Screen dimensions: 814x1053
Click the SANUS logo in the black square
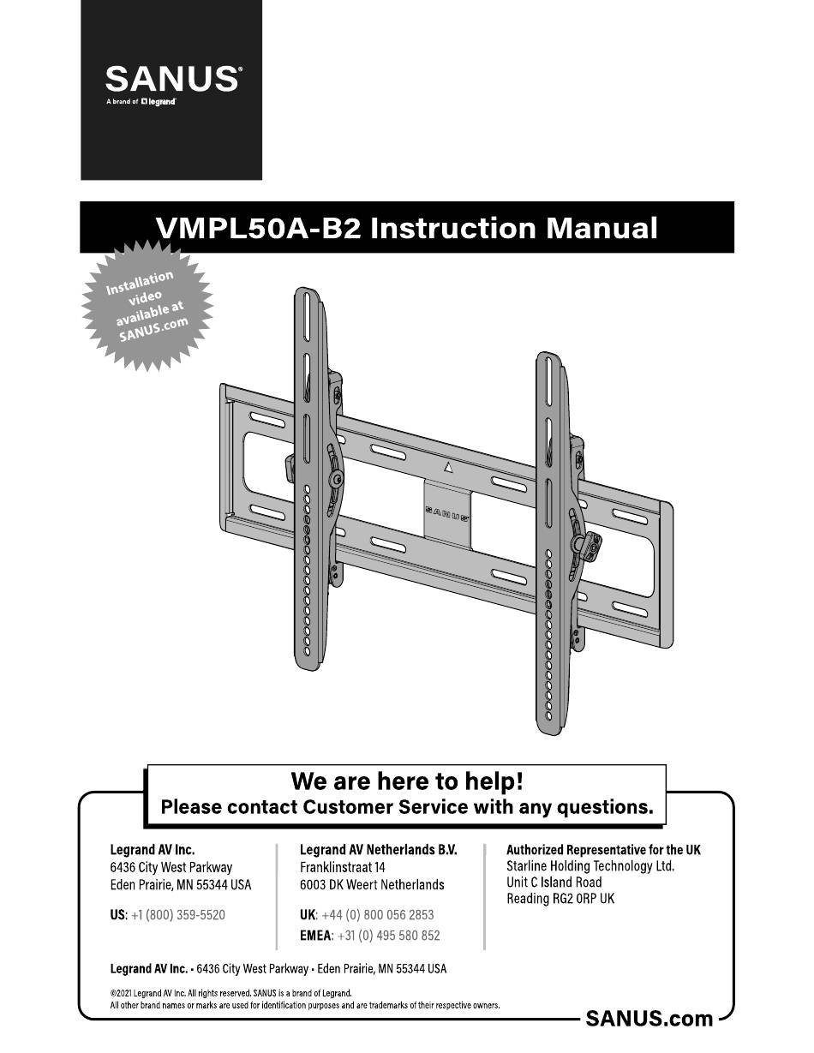tap(172, 80)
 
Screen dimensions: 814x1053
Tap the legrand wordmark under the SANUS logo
tap(159, 102)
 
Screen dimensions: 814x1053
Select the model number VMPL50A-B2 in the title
tap(259, 228)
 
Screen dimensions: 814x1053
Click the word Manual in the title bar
tap(602, 228)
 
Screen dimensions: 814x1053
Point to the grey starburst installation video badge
tap(147, 306)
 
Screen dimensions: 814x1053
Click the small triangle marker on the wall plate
tap(448, 467)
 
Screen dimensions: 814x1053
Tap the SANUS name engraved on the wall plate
tap(447, 514)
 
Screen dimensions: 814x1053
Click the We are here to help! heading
tap(407, 781)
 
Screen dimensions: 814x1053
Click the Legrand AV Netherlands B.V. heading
tap(379, 849)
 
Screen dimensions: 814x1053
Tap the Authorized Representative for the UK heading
tap(603, 849)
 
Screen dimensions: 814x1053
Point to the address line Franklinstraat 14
tap(343, 867)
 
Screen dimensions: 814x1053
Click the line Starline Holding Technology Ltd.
tap(590, 866)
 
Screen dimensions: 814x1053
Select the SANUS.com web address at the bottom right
tap(649, 1019)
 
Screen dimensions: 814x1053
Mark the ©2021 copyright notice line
tap(230, 993)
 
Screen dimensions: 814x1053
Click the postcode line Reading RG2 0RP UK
tap(560, 899)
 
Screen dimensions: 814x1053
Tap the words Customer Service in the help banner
tap(386, 807)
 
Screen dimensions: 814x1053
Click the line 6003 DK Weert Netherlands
tap(372, 884)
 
